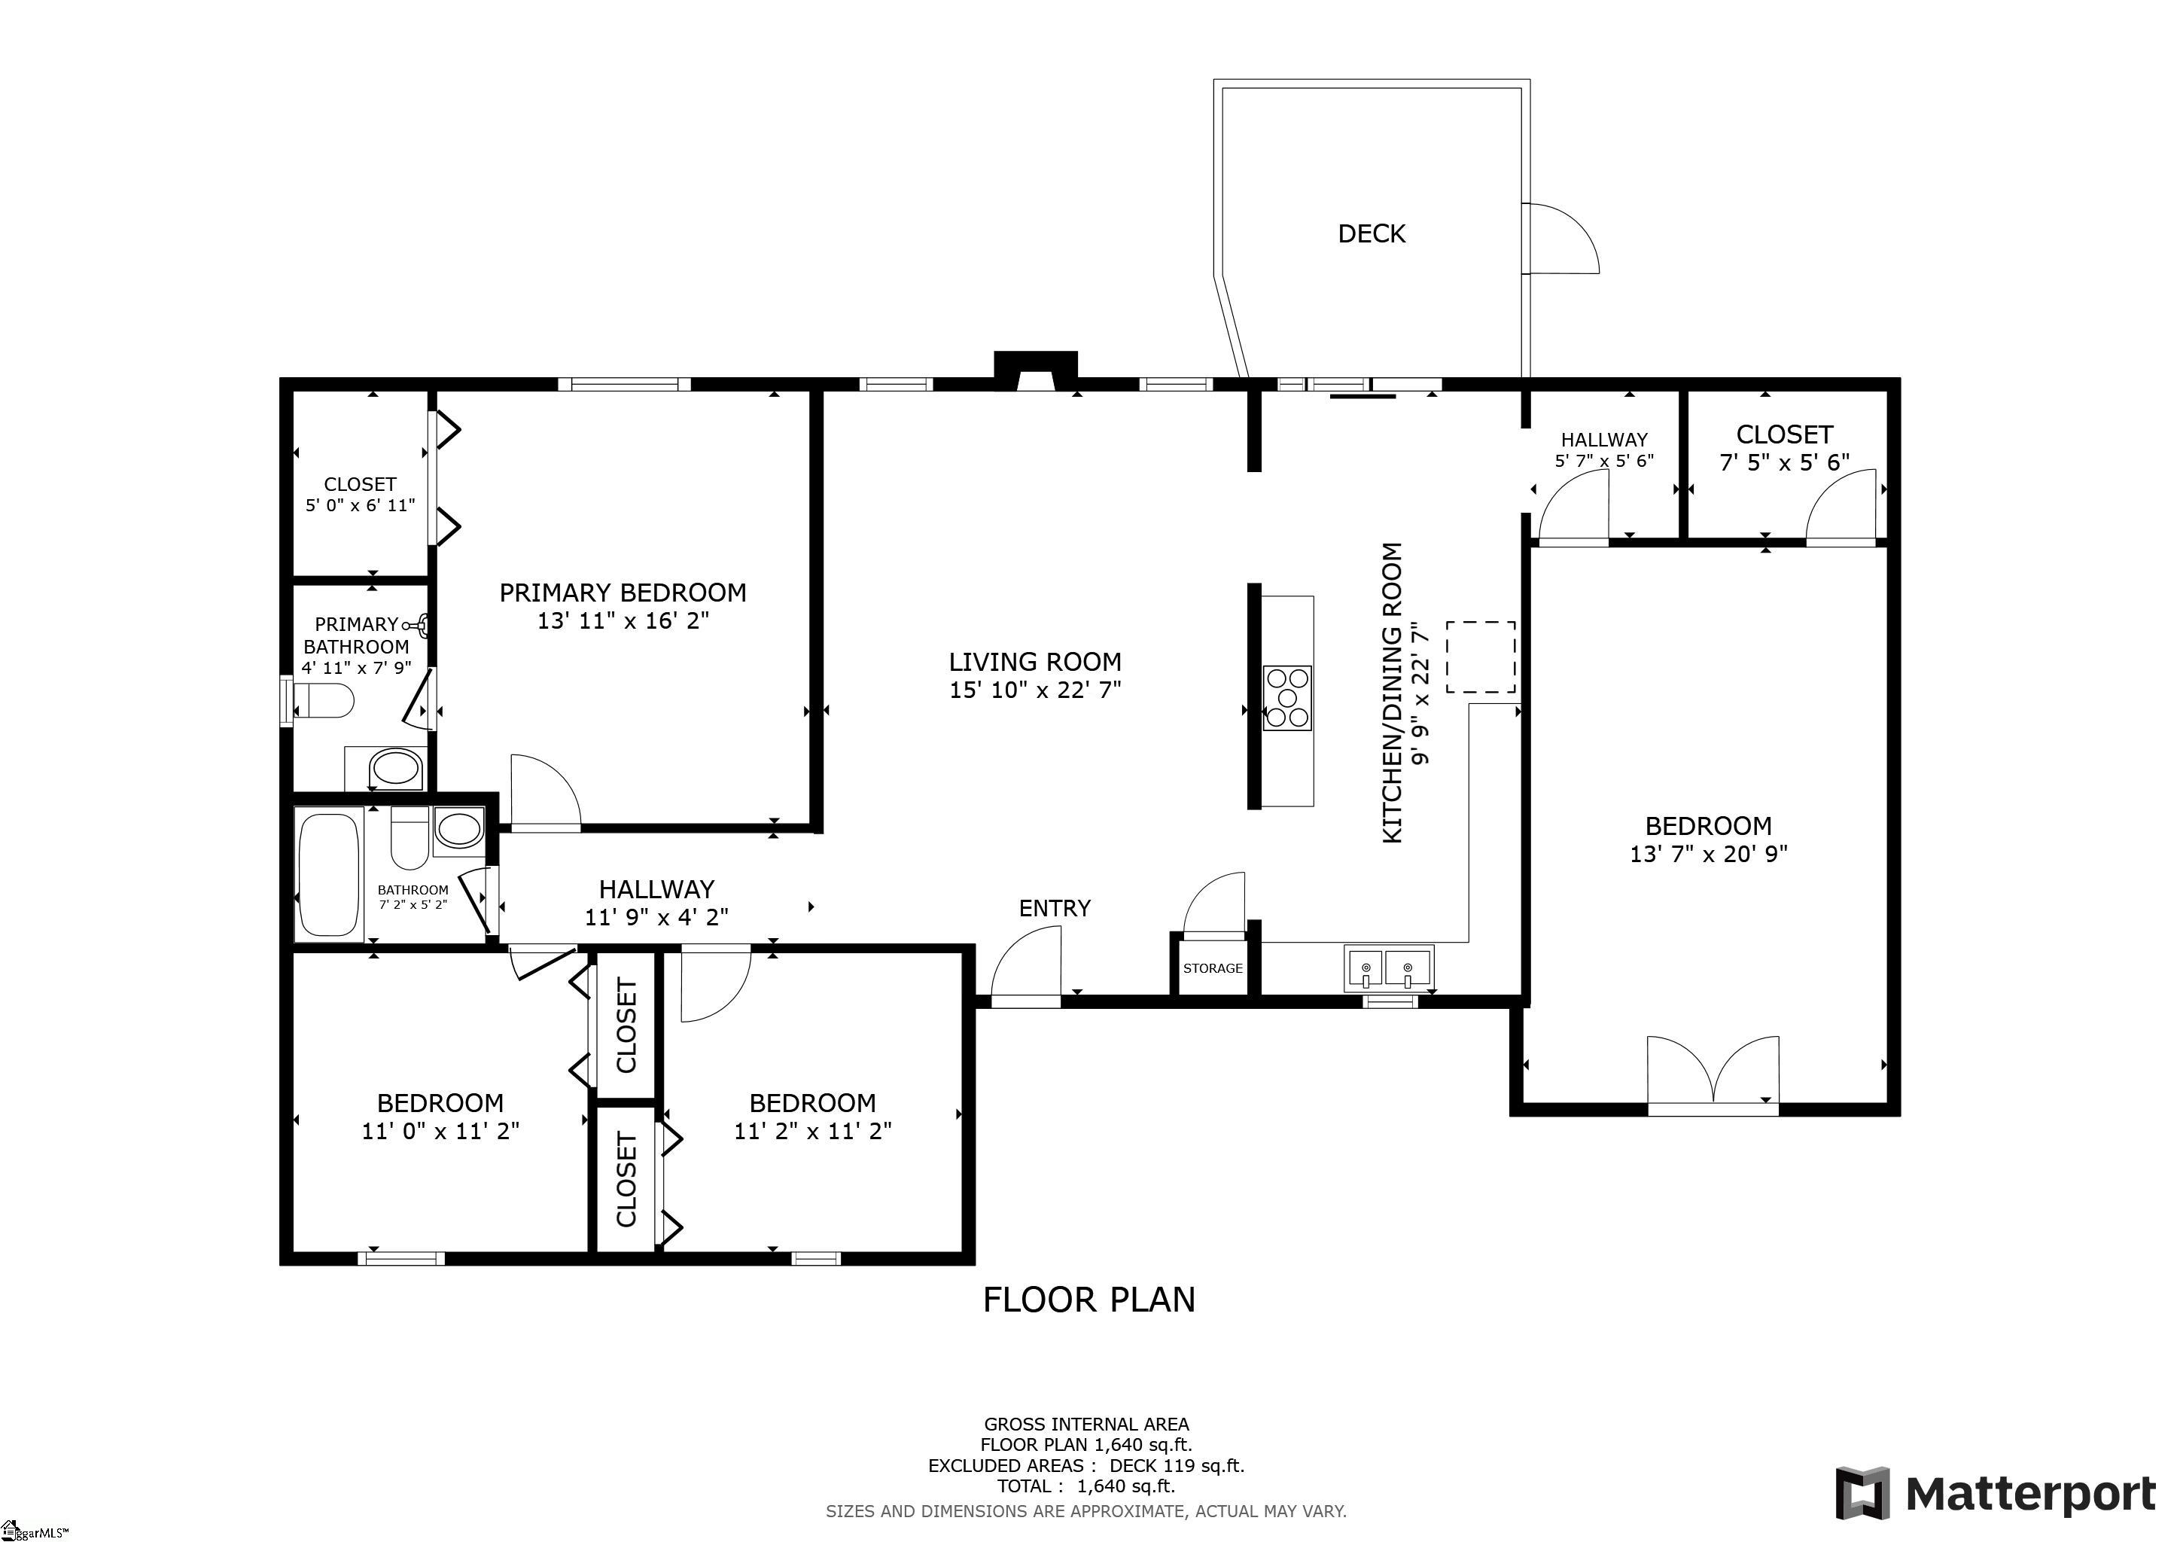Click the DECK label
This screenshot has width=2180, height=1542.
click(1371, 233)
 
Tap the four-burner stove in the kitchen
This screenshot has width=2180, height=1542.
click(1287, 698)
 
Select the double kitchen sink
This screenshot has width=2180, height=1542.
click(1388, 968)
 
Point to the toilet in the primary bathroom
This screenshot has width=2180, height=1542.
click(324, 702)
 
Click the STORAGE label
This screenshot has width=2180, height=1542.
click(1213, 968)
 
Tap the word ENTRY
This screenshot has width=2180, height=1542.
click(1054, 909)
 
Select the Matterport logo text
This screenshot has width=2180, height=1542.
click(2031, 1495)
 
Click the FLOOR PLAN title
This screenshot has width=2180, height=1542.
click(1089, 1300)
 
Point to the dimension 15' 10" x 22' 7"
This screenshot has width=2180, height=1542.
click(1035, 690)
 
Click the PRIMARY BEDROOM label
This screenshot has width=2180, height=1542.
click(623, 593)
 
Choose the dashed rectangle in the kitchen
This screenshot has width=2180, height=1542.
click(1480, 657)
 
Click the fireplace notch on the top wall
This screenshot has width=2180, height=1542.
click(1035, 372)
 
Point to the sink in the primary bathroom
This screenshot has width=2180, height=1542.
click(396, 768)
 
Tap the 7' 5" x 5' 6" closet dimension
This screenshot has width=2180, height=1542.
click(1784, 462)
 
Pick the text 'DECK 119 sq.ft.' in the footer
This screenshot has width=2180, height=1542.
click(1177, 1466)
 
